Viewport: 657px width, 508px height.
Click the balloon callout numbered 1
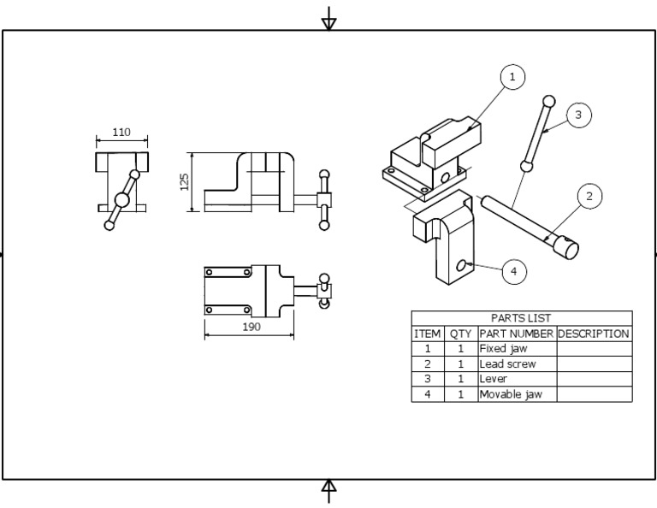tap(512, 77)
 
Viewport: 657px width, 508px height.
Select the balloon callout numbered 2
tap(589, 196)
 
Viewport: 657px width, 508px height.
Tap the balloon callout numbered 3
tap(579, 115)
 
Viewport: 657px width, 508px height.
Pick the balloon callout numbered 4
tap(513, 272)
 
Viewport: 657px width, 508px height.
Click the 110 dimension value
tap(121, 133)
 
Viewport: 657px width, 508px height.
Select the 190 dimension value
tap(251, 327)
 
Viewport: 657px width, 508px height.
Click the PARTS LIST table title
tap(521, 318)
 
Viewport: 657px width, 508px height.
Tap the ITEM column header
tap(427, 334)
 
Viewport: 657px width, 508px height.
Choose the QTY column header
tap(460, 334)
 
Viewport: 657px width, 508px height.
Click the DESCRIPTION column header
tap(594, 334)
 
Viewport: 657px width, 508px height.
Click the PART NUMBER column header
tap(517, 334)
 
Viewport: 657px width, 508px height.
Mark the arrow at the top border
tap(328, 20)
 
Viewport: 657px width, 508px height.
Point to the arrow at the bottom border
tap(328, 489)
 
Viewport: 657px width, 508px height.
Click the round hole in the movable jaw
tap(462, 266)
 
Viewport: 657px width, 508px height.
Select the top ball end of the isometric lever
tap(548, 101)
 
